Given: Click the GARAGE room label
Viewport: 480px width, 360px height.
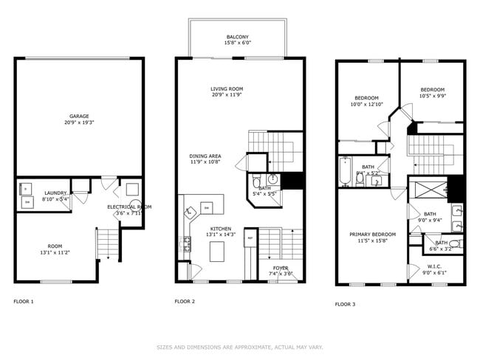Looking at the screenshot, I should tap(80, 116).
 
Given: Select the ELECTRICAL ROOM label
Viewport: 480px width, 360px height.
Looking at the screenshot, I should tap(129, 207).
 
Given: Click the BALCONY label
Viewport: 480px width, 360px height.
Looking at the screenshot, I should tap(237, 37).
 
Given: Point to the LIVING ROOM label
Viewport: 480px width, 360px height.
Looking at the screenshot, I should tap(227, 89).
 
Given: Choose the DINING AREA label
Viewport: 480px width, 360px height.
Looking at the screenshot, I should tap(205, 156).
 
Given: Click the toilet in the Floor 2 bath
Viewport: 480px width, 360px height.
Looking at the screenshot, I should tap(256, 181).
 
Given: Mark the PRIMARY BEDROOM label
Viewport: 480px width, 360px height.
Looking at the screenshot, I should tap(372, 235).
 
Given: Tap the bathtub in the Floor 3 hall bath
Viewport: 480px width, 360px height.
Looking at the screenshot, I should tap(346, 170).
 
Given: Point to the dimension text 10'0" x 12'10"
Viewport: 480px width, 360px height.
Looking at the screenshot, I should tap(366, 104).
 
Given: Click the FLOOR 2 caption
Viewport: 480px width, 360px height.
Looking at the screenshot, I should tap(185, 301).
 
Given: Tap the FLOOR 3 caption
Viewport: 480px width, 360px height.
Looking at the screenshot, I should tap(345, 304).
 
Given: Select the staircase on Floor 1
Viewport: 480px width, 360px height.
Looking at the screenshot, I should tap(106, 243).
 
